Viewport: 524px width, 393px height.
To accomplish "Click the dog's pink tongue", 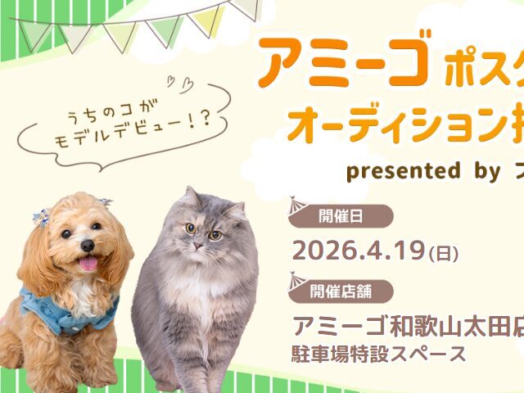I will (86, 264).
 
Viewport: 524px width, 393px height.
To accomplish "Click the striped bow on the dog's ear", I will (40, 217).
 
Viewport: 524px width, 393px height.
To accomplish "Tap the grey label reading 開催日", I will (343, 217).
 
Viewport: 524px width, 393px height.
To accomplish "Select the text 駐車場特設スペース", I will (379, 355).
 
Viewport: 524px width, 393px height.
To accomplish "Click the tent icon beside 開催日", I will (298, 210).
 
